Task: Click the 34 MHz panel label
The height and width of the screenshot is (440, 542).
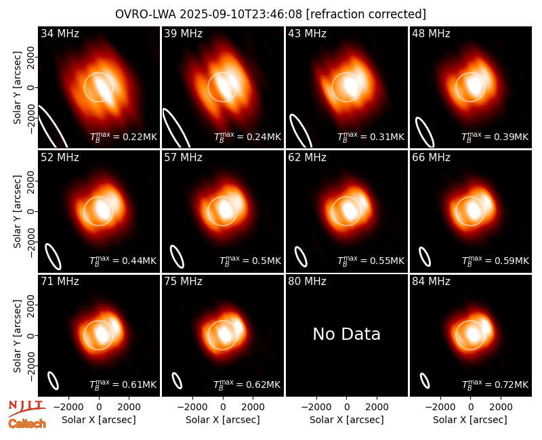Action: coord(60,33)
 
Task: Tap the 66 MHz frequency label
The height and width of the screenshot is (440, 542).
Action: coord(431,158)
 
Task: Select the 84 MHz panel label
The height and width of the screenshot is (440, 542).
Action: coord(431,282)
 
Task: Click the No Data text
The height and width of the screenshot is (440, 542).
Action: coord(346,334)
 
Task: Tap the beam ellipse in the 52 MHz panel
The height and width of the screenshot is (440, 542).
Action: coord(54,257)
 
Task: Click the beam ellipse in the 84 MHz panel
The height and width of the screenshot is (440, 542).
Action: coord(425,380)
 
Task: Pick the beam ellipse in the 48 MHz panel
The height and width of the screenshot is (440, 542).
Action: coord(425,132)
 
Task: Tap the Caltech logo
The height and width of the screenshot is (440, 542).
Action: coord(27,424)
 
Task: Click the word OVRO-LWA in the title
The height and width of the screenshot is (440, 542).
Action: coord(146,14)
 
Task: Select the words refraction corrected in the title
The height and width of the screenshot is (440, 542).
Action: coord(367,14)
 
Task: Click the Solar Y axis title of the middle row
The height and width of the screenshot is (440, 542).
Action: coord(17,211)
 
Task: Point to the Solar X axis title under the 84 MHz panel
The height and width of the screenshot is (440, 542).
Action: coord(470,420)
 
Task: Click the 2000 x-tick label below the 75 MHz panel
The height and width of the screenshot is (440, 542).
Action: coord(253,407)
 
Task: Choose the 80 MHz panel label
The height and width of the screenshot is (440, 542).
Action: coord(308,282)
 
